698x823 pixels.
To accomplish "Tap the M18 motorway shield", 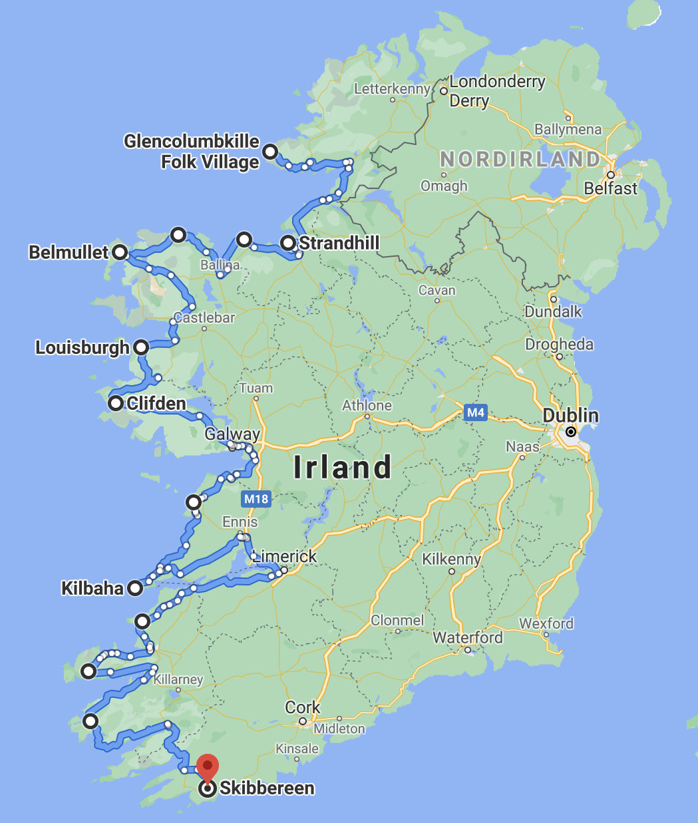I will pyautogui.click(x=256, y=499).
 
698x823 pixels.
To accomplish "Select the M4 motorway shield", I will pyautogui.click(x=475, y=412).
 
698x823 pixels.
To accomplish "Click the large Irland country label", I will pyautogui.click(x=342, y=468).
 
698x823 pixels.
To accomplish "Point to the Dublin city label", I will pyautogui.click(x=570, y=416).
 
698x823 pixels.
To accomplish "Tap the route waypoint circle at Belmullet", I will pyautogui.click(x=120, y=252).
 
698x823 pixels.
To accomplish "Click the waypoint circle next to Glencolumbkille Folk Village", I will pyautogui.click(x=270, y=152).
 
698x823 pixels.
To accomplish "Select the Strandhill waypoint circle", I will pyautogui.click(x=288, y=243).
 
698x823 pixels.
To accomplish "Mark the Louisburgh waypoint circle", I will pyautogui.click(x=141, y=347).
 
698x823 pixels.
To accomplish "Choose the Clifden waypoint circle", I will pyautogui.click(x=116, y=403).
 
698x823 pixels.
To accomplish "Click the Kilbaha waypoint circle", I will pyautogui.click(x=135, y=588).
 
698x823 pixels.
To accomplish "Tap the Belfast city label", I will pyautogui.click(x=610, y=188).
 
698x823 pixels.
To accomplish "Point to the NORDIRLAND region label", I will pyautogui.click(x=520, y=159).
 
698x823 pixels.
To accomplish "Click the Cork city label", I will pyautogui.click(x=303, y=707).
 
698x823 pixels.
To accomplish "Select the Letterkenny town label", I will pyautogui.click(x=392, y=88).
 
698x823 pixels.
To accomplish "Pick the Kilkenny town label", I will pyautogui.click(x=451, y=559).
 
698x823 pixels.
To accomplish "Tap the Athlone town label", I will pyautogui.click(x=367, y=405).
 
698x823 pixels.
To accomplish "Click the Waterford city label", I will pyautogui.click(x=468, y=637).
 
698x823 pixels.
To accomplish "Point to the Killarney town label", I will pyautogui.click(x=178, y=679).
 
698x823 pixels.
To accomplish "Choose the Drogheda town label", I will pyautogui.click(x=559, y=344).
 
